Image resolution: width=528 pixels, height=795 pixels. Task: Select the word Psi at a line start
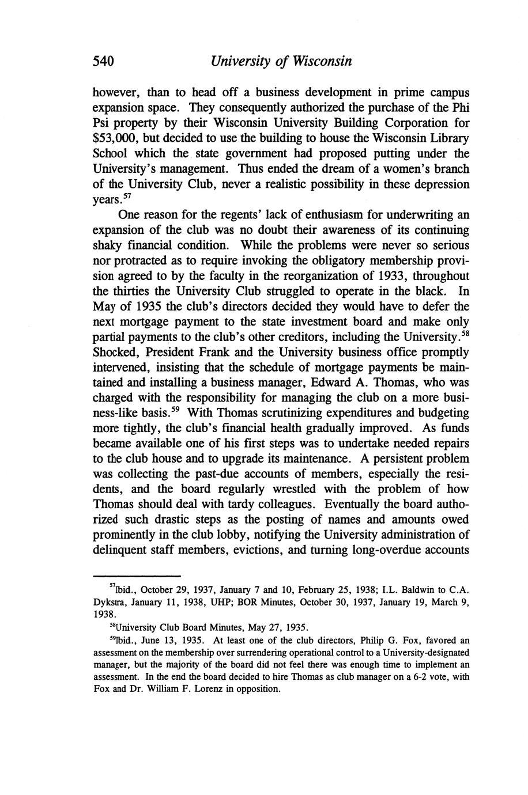tap(103, 123)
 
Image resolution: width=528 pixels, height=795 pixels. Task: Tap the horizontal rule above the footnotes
tap(137, 576)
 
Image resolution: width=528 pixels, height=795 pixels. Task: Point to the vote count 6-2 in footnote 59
tap(417, 677)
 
